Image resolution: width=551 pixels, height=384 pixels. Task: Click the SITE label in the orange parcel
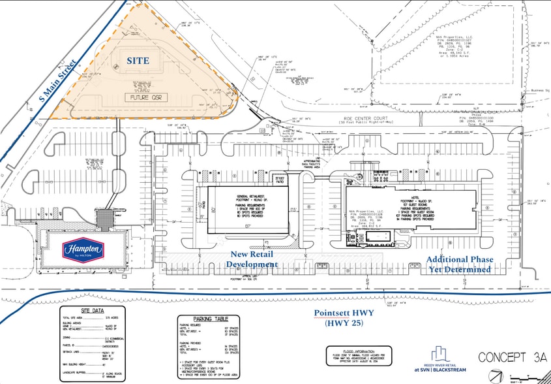point(138,61)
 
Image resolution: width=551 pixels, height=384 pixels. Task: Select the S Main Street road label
point(57,82)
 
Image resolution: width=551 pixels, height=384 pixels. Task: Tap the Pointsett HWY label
point(344,313)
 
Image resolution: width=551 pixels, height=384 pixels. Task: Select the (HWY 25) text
point(344,325)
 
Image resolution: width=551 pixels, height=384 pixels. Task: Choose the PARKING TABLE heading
point(204,319)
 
